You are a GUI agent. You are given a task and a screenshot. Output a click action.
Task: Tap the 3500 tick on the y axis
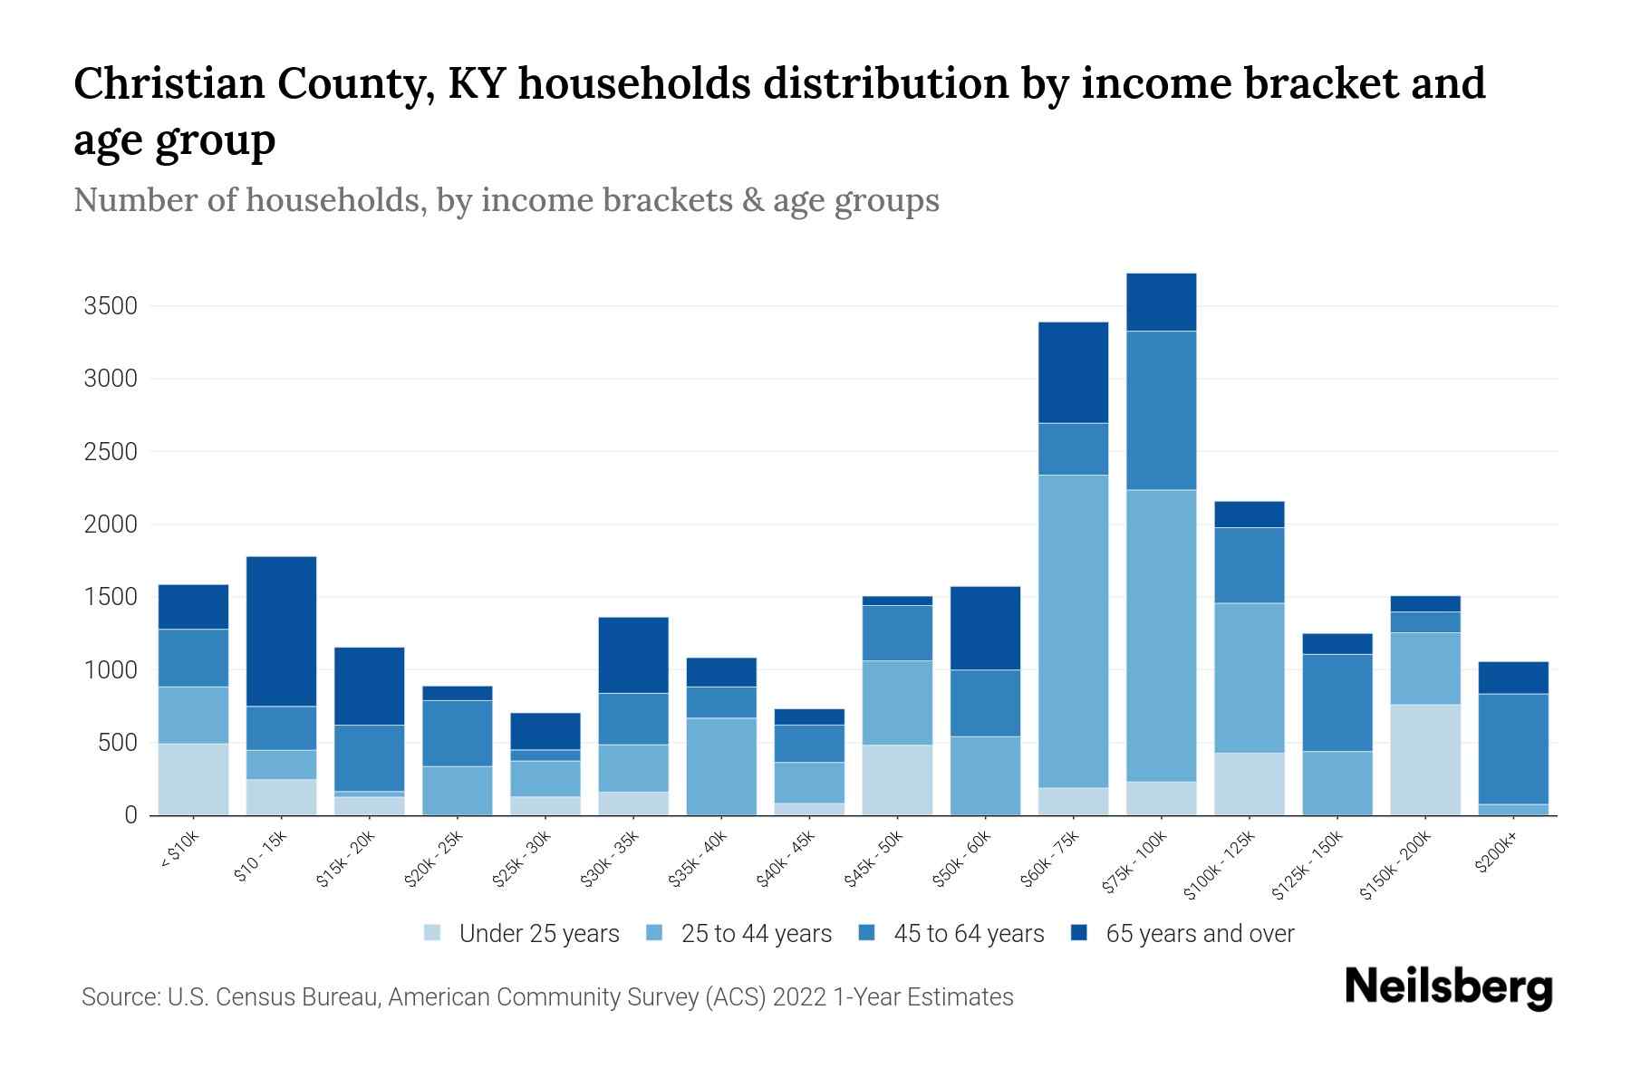click(x=111, y=306)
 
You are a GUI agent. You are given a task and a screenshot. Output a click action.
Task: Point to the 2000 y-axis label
click(x=111, y=524)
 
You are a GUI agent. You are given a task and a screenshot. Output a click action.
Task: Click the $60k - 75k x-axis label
click(x=1050, y=860)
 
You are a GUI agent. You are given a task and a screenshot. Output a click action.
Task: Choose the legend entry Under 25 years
click(x=538, y=934)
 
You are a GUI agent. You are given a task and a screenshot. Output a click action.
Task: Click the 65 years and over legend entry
click(x=1199, y=934)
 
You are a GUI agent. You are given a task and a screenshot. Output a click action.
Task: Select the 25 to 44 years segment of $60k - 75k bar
click(x=1073, y=631)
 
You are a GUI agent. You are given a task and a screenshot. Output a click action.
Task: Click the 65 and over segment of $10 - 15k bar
click(x=281, y=631)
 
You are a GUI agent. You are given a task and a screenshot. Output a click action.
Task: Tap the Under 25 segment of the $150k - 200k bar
click(x=1425, y=760)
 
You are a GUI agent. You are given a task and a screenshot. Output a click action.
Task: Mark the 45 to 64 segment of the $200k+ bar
click(x=1513, y=749)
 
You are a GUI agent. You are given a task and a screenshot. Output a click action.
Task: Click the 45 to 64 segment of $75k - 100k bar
click(x=1161, y=410)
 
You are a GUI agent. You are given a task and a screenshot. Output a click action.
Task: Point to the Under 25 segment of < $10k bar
click(x=193, y=779)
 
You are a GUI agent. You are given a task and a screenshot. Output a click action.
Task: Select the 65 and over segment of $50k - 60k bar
click(x=985, y=628)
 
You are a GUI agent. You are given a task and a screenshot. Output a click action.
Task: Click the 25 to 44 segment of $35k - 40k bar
click(x=721, y=766)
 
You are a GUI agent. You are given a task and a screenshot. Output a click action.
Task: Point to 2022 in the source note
click(x=799, y=997)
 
